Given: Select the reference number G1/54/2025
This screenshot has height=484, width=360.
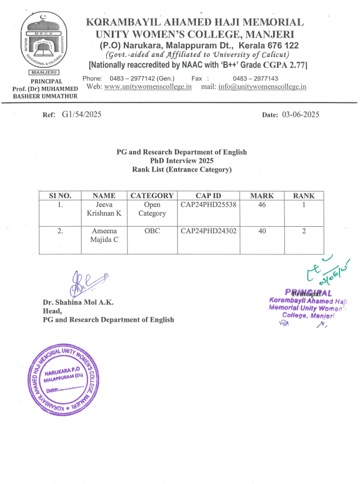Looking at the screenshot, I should click(x=81, y=115).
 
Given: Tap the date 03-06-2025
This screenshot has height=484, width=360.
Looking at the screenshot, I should click(x=300, y=115).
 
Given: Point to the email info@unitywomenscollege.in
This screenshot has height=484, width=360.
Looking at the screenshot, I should click(x=263, y=87).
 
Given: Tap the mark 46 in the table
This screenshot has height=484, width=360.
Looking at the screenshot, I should click(x=262, y=205).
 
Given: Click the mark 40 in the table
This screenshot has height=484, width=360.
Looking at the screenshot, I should click(x=262, y=231).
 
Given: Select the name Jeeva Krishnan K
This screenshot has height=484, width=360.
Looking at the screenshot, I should click(x=104, y=209).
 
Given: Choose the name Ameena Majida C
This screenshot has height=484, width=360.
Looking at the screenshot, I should click(x=104, y=235).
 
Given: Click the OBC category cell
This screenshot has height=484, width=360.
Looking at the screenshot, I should click(x=152, y=231).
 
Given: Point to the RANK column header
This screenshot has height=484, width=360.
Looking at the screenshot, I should click(x=304, y=196).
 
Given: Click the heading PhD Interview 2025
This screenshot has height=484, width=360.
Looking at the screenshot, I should click(x=182, y=161).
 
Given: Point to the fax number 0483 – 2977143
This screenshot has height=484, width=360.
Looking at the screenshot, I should click(x=255, y=79).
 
